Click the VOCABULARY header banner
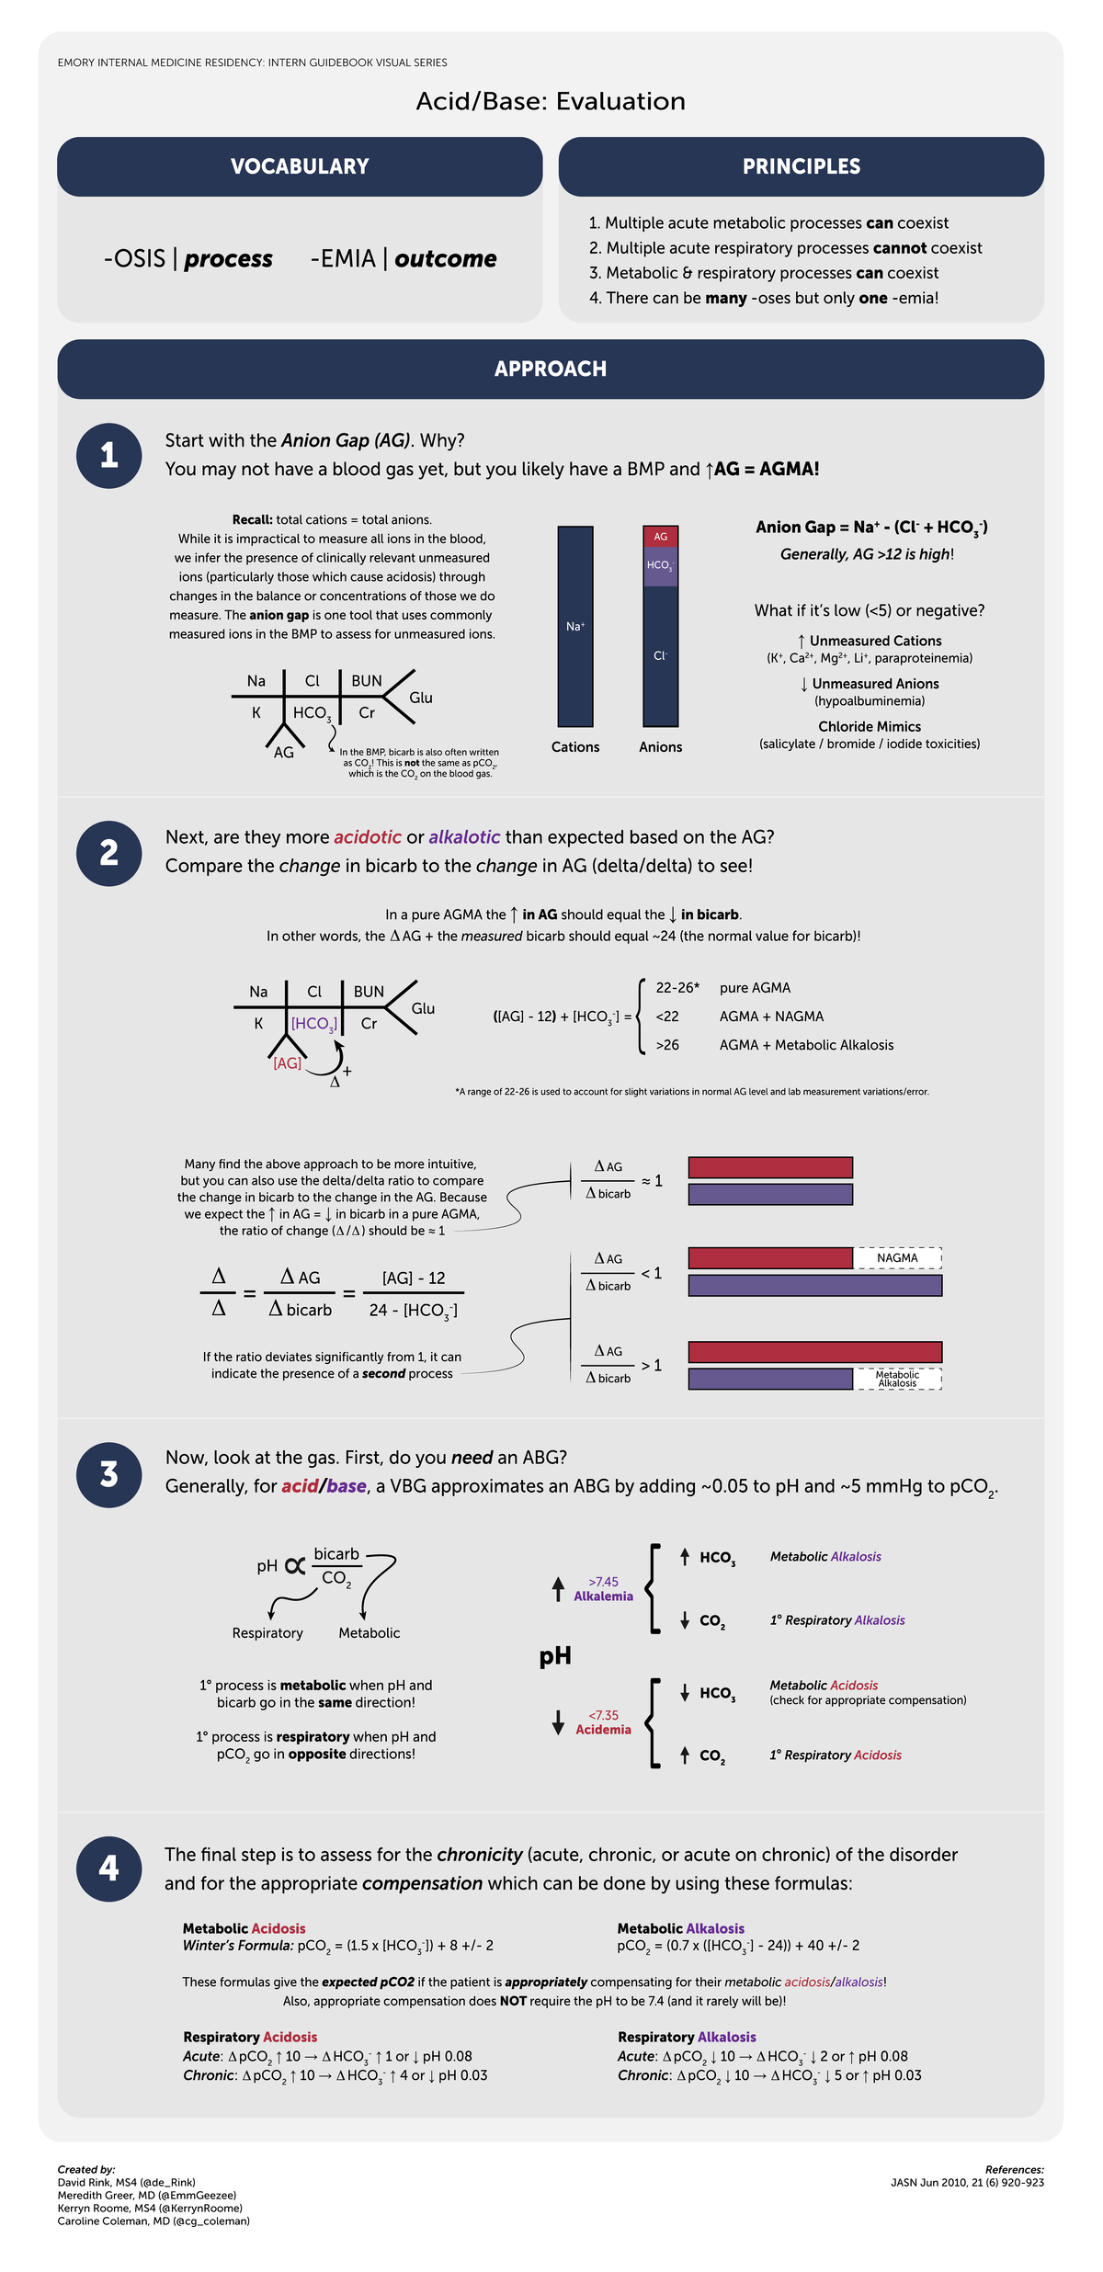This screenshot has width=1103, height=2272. click(300, 166)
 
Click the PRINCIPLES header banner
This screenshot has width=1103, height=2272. click(801, 166)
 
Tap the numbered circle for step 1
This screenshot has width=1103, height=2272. click(108, 455)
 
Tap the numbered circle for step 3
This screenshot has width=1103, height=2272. click(108, 1474)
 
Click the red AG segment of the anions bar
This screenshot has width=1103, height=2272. click(660, 537)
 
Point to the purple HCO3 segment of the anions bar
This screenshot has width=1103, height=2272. click(660, 566)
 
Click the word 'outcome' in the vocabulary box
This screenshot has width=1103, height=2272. click(446, 259)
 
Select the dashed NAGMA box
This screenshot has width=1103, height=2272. click(897, 1257)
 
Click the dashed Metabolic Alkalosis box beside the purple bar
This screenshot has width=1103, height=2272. click(897, 1379)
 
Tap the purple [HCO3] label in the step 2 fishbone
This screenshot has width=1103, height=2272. click(313, 1024)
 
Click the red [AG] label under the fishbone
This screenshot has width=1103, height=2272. click(287, 1063)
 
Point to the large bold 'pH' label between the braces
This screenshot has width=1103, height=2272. click(555, 1656)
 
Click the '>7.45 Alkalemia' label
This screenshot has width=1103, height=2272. click(603, 1589)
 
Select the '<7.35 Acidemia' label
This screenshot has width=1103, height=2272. click(603, 1722)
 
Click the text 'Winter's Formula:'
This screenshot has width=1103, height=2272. click(237, 1946)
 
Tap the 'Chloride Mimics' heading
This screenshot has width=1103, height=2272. click(869, 727)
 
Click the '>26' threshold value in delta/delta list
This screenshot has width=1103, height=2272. click(667, 1045)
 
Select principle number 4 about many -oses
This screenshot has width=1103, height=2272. click(763, 298)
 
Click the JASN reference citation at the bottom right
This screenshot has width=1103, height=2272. click(967, 2183)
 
